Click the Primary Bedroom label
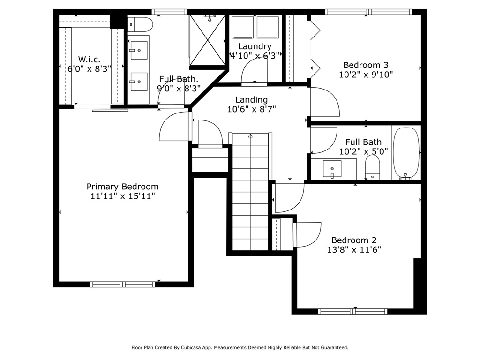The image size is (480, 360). pyautogui.click(x=122, y=187)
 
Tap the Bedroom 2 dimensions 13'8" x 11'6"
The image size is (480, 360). pyautogui.click(x=354, y=250)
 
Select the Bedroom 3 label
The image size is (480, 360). pyautogui.click(x=366, y=65)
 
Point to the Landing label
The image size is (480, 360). pyautogui.click(x=251, y=100)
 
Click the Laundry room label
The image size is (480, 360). pyautogui.click(x=255, y=46)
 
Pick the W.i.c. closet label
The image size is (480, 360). pyautogui.click(x=89, y=60)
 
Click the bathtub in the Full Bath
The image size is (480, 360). pyautogui.click(x=406, y=153)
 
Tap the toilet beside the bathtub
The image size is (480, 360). pyautogui.click(x=372, y=167)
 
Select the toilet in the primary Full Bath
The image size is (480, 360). pyautogui.click(x=141, y=24)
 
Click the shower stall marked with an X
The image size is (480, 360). pyautogui.click(x=208, y=40)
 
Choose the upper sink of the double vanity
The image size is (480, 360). pyautogui.click(x=139, y=50)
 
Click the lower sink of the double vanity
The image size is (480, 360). pyautogui.click(x=139, y=82)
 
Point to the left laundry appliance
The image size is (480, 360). pyautogui.click(x=242, y=28)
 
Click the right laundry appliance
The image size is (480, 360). pyautogui.click(x=268, y=28)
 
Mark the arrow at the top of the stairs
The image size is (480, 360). pyautogui.click(x=250, y=135)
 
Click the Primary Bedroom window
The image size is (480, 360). pyautogui.click(x=122, y=285)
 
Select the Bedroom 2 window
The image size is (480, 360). pyautogui.click(x=352, y=312)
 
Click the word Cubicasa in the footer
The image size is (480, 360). pyautogui.click(x=191, y=347)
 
